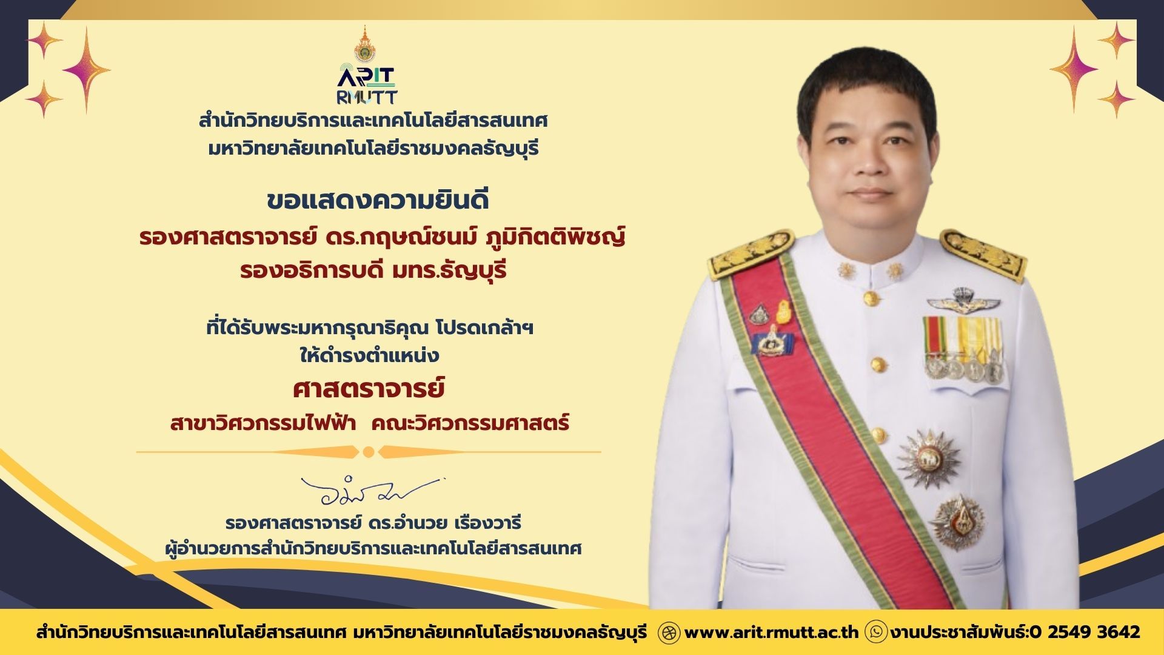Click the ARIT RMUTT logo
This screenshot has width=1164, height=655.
[x=367, y=86]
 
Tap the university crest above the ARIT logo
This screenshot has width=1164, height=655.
[x=365, y=44]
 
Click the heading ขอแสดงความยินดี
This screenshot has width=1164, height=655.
[x=378, y=201]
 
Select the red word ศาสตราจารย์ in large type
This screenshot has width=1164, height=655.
[x=369, y=389]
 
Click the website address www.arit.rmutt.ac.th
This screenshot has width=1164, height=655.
[x=771, y=632]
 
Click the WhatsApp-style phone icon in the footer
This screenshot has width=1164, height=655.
[x=877, y=632]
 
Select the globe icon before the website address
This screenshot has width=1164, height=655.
[x=669, y=632]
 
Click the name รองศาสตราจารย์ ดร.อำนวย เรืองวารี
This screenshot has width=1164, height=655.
[x=373, y=522]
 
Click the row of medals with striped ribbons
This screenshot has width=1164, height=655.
[x=963, y=349]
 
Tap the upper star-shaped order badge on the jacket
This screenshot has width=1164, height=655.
[x=928, y=458]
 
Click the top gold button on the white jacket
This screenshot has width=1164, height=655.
[x=871, y=298]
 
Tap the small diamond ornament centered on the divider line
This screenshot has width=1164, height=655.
[x=369, y=452]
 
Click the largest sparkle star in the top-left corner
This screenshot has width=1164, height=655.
[x=87, y=70]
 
